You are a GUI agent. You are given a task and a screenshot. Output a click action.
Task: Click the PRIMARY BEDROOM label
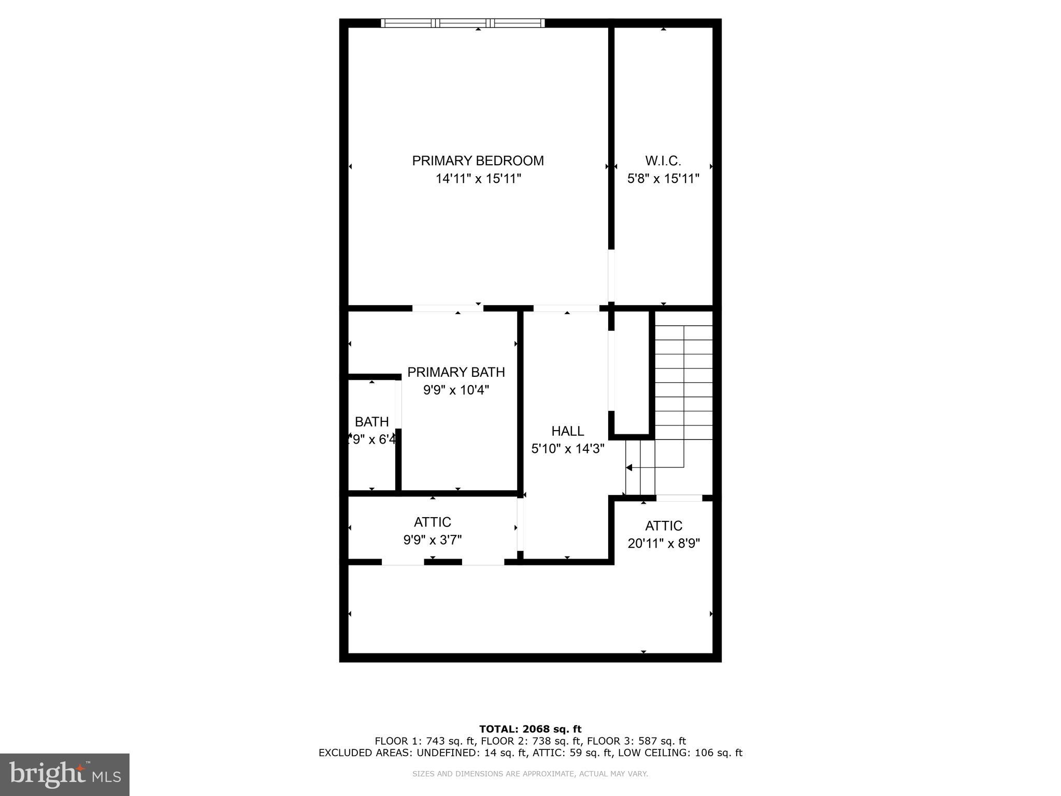[x=478, y=161]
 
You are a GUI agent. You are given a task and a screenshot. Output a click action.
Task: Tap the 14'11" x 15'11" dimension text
[x=478, y=179]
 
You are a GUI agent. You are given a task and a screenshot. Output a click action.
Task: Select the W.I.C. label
[x=663, y=161]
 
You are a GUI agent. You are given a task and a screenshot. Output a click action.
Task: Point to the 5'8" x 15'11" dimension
[x=663, y=179]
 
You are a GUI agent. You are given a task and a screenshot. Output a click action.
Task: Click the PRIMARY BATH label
[x=456, y=372]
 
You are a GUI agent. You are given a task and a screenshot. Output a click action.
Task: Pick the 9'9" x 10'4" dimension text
[x=456, y=390]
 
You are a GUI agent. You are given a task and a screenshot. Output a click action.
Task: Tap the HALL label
[x=568, y=431]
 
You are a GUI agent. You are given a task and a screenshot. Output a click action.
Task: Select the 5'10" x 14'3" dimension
[x=568, y=448]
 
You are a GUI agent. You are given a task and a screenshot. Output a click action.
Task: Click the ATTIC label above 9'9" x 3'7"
[x=433, y=522]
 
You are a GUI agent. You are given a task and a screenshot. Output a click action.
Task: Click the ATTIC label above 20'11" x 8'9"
[x=664, y=526]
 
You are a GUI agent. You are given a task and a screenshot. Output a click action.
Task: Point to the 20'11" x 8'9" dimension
[x=664, y=544]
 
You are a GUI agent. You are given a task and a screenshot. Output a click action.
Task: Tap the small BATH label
[x=371, y=422]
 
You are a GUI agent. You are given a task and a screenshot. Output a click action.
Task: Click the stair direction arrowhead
[x=629, y=467]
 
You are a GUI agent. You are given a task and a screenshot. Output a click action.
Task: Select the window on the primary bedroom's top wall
[x=463, y=23]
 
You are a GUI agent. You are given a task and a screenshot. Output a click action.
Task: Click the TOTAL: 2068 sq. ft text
[x=530, y=729]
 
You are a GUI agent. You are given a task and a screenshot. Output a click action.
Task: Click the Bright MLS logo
[x=65, y=774]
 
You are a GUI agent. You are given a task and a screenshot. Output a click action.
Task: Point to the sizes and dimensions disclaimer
[x=530, y=774]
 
